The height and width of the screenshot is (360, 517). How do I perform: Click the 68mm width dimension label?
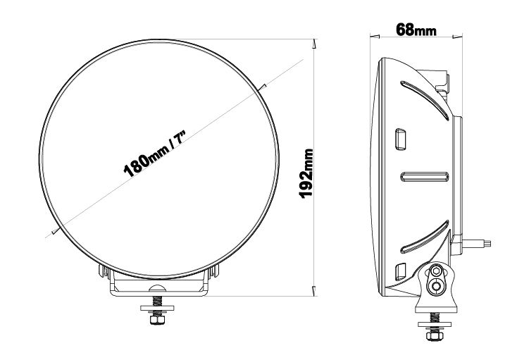(416, 30)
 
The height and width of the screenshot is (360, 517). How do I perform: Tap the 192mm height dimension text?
(306, 174)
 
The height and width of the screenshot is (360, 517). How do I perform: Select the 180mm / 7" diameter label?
(155, 154)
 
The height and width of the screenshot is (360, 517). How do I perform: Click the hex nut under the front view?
(157, 319)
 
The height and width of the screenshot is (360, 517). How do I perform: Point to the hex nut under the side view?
(434, 335)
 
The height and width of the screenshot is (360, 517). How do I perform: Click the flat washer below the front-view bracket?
(157, 308)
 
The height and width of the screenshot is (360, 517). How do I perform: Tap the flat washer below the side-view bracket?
(435, 324)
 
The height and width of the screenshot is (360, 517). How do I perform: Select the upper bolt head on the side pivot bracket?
(437, 272)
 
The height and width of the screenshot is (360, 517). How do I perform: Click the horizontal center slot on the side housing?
(425, 177)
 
